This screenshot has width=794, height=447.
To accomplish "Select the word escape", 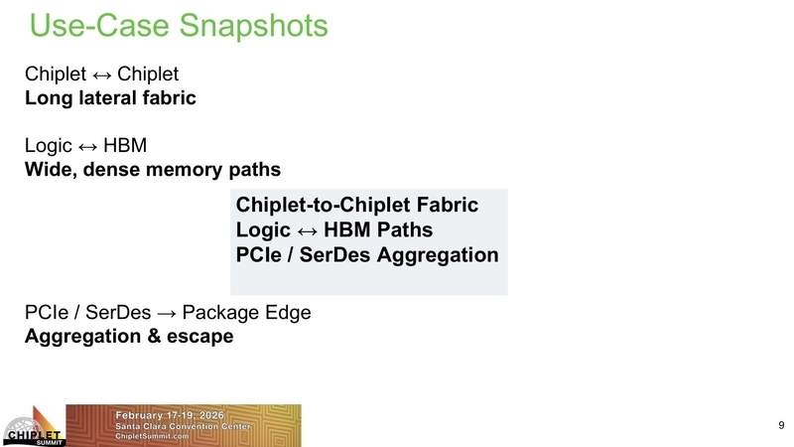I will coord(200,337).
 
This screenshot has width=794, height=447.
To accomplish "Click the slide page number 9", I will coord(780,425).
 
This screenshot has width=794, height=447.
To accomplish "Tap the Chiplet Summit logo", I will coord(33,426).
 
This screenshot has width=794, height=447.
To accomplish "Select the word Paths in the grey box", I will coord(396,230).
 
